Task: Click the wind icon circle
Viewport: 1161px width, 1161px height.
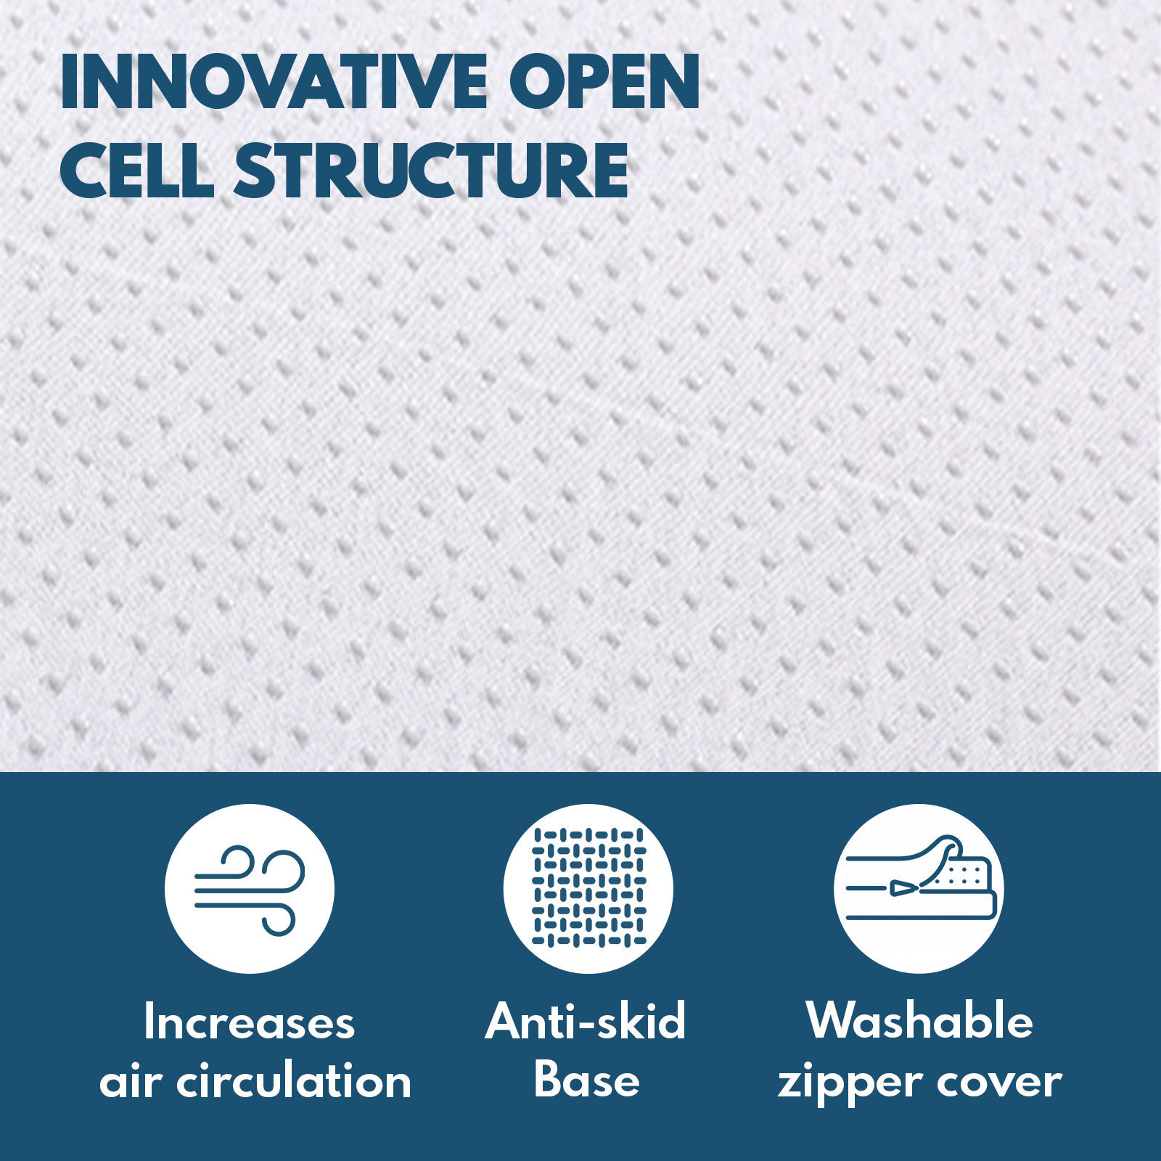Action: (x=250, y=888)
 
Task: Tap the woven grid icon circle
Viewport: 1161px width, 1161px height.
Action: (x=588, y=888)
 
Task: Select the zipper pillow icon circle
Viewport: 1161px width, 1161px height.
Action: (x=919, y=888)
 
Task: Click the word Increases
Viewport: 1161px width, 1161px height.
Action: (x=250, y=1022)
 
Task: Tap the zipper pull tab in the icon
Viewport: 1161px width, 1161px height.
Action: (x=904, y=887)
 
